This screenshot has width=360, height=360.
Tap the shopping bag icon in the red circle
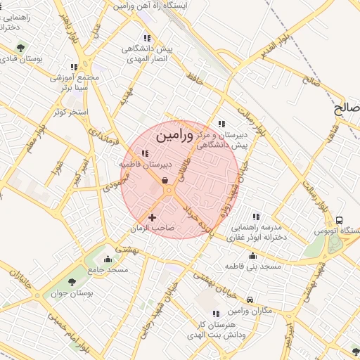pos(165,181)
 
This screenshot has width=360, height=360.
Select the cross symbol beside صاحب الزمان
pos(152,217)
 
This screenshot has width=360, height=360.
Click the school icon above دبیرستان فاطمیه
pos(145,153)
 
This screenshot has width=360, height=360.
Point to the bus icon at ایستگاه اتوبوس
pos(340,220)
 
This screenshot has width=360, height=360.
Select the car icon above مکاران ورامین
pos(250,299)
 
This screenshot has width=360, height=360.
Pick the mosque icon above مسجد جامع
pos(107,258)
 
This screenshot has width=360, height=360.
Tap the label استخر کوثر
pos(69,112)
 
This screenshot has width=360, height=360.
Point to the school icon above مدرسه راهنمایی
pos(255,217)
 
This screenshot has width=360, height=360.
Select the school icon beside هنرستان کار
pos(215,312)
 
